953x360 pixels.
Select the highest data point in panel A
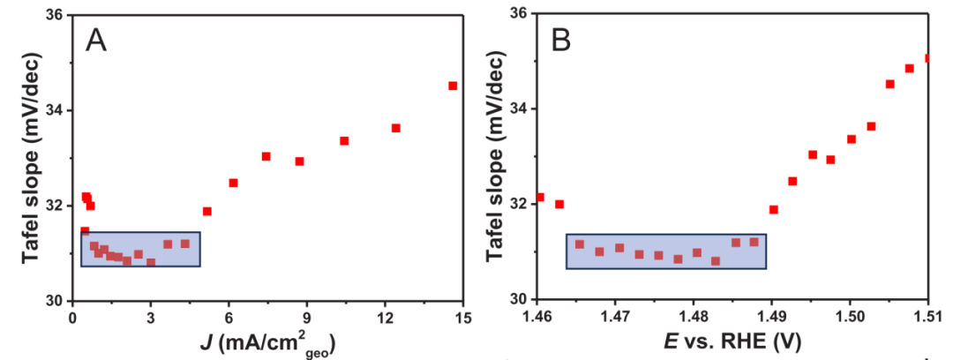coord(453,86)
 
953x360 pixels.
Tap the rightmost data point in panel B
coord(927,58)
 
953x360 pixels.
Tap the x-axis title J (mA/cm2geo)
coord(267,342)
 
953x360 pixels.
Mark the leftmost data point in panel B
coord(539,197)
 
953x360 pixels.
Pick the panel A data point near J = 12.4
coord(396,128)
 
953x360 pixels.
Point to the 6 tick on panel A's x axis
coord(229,317)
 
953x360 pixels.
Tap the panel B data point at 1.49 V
coord(774,209)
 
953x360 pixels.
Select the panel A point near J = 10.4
coord(344,140)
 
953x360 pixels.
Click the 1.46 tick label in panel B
coord(537,316)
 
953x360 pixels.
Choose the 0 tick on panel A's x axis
coord(72,317)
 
